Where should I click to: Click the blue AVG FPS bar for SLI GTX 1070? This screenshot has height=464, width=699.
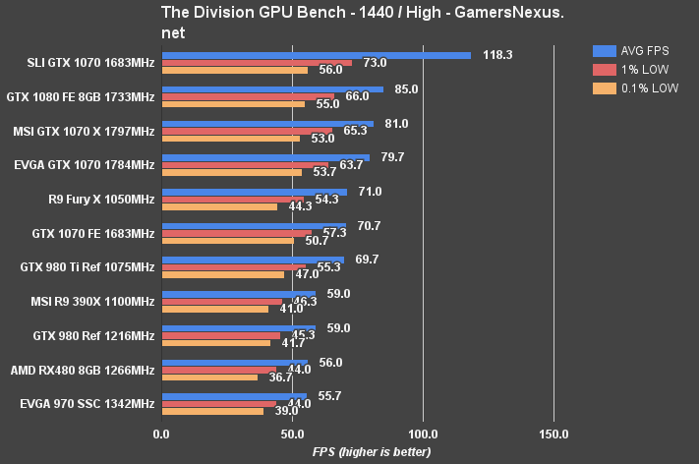(316, 55)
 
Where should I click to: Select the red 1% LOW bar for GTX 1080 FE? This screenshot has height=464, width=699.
(248, 96)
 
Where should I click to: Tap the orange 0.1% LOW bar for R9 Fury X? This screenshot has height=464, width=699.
(219, 206)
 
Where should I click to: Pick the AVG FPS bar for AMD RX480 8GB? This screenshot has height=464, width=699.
(235, 362)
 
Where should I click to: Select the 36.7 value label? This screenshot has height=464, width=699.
(282, 377)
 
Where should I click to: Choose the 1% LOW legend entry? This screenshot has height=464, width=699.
(634, 69)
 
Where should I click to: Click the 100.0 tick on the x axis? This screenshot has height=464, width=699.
(423, 434)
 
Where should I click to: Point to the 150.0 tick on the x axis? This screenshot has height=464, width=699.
(553, 434)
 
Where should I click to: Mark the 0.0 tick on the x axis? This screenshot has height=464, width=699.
(161, 434)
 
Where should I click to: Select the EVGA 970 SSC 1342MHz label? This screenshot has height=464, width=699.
(87, 404)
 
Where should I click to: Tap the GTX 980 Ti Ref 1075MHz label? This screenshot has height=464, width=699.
(87, 266)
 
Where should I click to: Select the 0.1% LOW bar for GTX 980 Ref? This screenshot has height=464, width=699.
(215, 343)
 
